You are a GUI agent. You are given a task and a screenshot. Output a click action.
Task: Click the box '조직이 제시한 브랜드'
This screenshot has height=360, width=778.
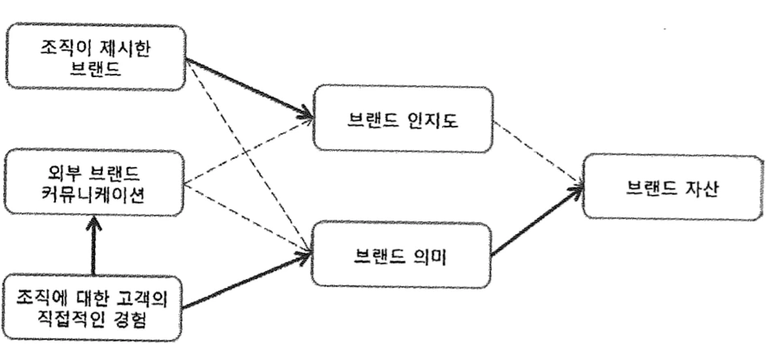point(97,57)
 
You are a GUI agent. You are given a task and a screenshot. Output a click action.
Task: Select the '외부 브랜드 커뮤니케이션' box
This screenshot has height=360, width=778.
point(96,182)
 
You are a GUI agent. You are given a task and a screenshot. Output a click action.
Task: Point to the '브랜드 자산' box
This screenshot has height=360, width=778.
point(673,187)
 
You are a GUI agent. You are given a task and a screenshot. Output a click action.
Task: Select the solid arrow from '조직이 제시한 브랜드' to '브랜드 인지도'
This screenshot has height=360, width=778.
point(251,88)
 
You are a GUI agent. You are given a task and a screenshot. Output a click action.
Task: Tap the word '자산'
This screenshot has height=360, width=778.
point(699,187)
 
